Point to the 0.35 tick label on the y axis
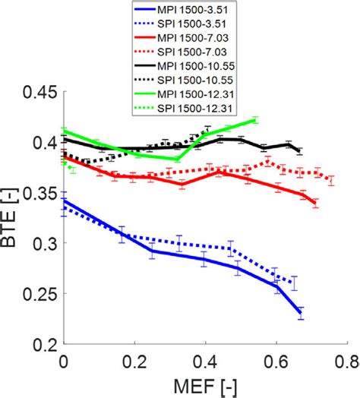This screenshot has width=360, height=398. (x=39, y=193)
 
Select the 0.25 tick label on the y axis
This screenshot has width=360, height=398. (x=39, y=294)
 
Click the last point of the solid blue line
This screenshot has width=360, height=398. (x=301, y=312)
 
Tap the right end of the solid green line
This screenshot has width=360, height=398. (x=255, y=119)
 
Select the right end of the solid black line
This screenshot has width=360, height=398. (x=301, y=149)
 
